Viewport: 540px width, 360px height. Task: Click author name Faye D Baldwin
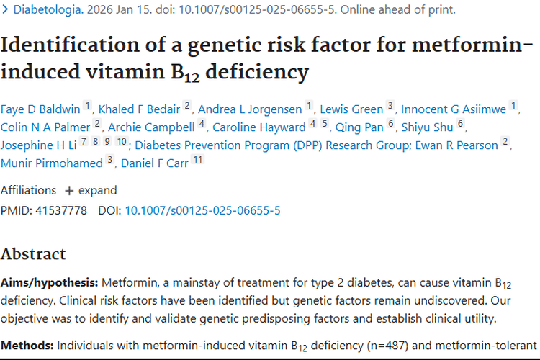(40, 109)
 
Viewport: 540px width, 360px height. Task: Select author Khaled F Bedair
(139, 109)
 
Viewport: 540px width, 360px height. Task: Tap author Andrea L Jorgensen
(250, 109)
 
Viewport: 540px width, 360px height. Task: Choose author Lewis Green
(351, 109)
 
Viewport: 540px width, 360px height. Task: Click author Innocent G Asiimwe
(454, 109)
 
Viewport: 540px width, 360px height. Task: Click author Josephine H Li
(37, 145)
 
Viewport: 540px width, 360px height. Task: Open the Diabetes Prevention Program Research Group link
(272, 145)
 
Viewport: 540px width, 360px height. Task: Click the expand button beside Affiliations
(91, 191)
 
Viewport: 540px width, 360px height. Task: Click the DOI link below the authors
(202, 211)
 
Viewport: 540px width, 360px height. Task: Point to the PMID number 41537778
(61, 211)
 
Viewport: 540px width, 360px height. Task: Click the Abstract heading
(33, 254)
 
